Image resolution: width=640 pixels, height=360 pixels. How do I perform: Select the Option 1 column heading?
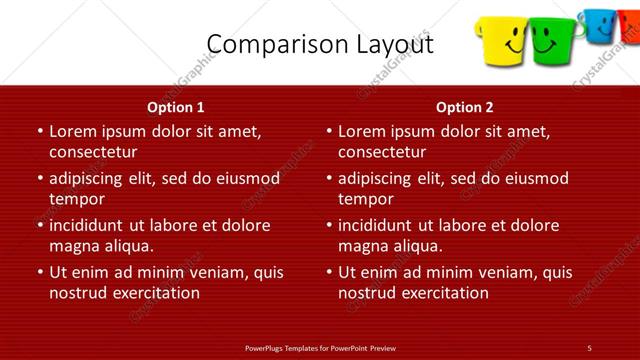176,107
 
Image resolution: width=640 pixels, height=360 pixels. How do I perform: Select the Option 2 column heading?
465,107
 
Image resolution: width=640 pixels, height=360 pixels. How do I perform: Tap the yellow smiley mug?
504,41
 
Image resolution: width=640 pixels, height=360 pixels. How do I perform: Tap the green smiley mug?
546,41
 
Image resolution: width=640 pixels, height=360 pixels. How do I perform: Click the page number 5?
589,347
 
